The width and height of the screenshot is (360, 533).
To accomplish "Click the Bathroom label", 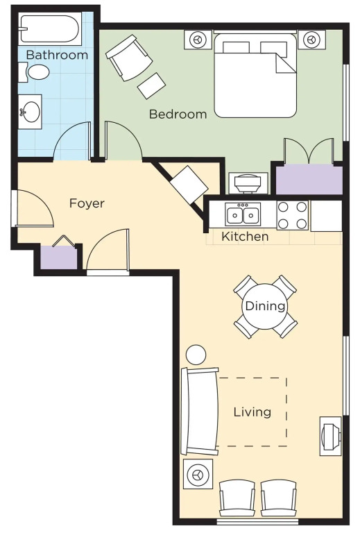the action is point(57,55).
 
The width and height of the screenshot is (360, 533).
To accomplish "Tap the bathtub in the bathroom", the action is point(50,30).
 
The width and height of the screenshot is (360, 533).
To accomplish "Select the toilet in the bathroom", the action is point(34,72).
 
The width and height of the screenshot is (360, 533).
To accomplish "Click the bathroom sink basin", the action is point(30,112).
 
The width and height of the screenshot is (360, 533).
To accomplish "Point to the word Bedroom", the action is point(178,114).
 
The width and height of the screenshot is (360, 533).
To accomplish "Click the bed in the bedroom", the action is point(255,75).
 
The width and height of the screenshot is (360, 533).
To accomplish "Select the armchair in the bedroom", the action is point(129,58).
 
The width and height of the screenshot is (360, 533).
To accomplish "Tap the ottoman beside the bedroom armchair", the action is point(151,85).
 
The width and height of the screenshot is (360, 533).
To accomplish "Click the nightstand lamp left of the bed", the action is point(198,40).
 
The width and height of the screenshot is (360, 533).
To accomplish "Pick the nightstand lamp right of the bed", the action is point(311,40).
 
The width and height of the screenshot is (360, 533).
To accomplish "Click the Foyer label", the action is point(87,203).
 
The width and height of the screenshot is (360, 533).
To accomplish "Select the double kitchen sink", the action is point(243,215).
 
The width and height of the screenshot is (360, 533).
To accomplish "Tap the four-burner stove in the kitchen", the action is point(293,215).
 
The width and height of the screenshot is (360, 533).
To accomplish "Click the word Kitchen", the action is point(245,236).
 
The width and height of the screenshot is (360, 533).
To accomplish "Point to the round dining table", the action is point(265,306).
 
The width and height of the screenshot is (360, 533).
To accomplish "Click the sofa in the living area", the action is point(200,411).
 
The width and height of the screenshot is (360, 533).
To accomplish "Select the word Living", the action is point(252,412).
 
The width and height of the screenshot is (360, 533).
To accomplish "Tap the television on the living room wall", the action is point(331,436).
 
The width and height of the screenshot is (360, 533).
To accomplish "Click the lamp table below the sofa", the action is point(198,474).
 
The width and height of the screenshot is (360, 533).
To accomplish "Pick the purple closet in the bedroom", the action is point(309,180).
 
